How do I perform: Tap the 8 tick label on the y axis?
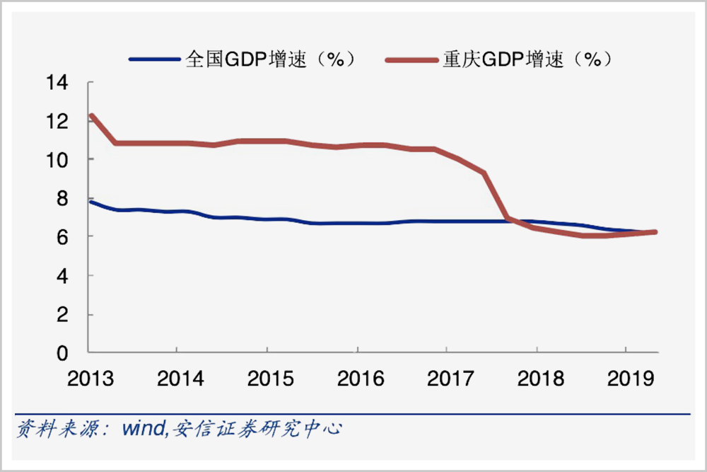63,199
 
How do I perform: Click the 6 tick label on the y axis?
63,237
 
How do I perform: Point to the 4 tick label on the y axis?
63,275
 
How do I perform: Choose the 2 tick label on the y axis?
63,314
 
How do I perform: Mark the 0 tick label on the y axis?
63,352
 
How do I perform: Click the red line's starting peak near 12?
91,115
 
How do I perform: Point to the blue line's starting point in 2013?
90,202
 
